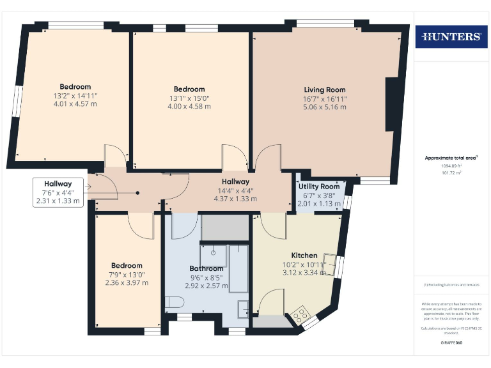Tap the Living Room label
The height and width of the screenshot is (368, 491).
point(324,90)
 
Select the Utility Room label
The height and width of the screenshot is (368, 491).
point(317,186)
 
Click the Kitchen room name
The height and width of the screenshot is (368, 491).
point(304,256)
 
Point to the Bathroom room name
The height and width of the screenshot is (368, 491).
point(206,268)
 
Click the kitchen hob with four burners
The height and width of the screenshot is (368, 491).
point(299,315)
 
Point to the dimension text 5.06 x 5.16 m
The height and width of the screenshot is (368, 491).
point(324,107)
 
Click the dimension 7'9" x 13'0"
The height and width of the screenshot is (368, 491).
point(127,274)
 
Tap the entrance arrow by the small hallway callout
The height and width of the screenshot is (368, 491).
point(88,187)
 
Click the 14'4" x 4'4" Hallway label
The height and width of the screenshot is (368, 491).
point(235,190)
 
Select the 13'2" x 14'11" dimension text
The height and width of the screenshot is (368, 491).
point(75,95)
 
